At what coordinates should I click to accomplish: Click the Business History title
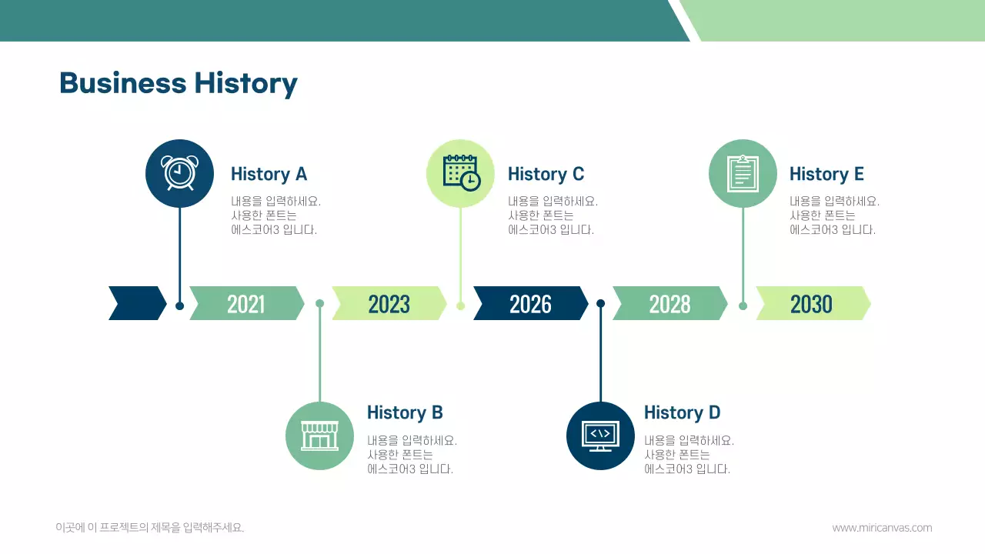[x=178, y=83]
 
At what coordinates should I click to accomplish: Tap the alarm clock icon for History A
[x=179, y=173]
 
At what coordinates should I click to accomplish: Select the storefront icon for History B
[x=319, y=436]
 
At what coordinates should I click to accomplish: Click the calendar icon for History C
[x=461, y=173]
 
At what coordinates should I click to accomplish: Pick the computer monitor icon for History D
[x=600, y=436]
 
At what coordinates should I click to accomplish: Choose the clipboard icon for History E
[x=743, y=173]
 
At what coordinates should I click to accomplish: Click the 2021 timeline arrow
[x=246, y=304]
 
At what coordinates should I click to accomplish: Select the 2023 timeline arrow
[x=389, y=304]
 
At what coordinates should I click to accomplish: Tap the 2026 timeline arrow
[x=530, y=304]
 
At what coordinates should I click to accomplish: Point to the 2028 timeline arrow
[x=669, y=304]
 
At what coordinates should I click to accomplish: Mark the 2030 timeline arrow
[x=812, y=304]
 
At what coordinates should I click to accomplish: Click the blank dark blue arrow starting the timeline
[x=137, y=303]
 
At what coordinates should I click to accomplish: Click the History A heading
[x=269, y=174]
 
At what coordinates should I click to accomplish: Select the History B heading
[x=405, y=412]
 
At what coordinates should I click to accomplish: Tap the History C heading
[x=546, y=174]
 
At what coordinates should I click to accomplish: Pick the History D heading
[x=682, y=412]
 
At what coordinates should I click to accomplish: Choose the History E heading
[x=826, y=174]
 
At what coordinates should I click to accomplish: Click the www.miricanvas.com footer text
[x=882, y=528]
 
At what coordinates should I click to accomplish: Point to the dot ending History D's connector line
[x=601, y=303]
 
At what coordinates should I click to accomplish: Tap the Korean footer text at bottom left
[x=150, y=528]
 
